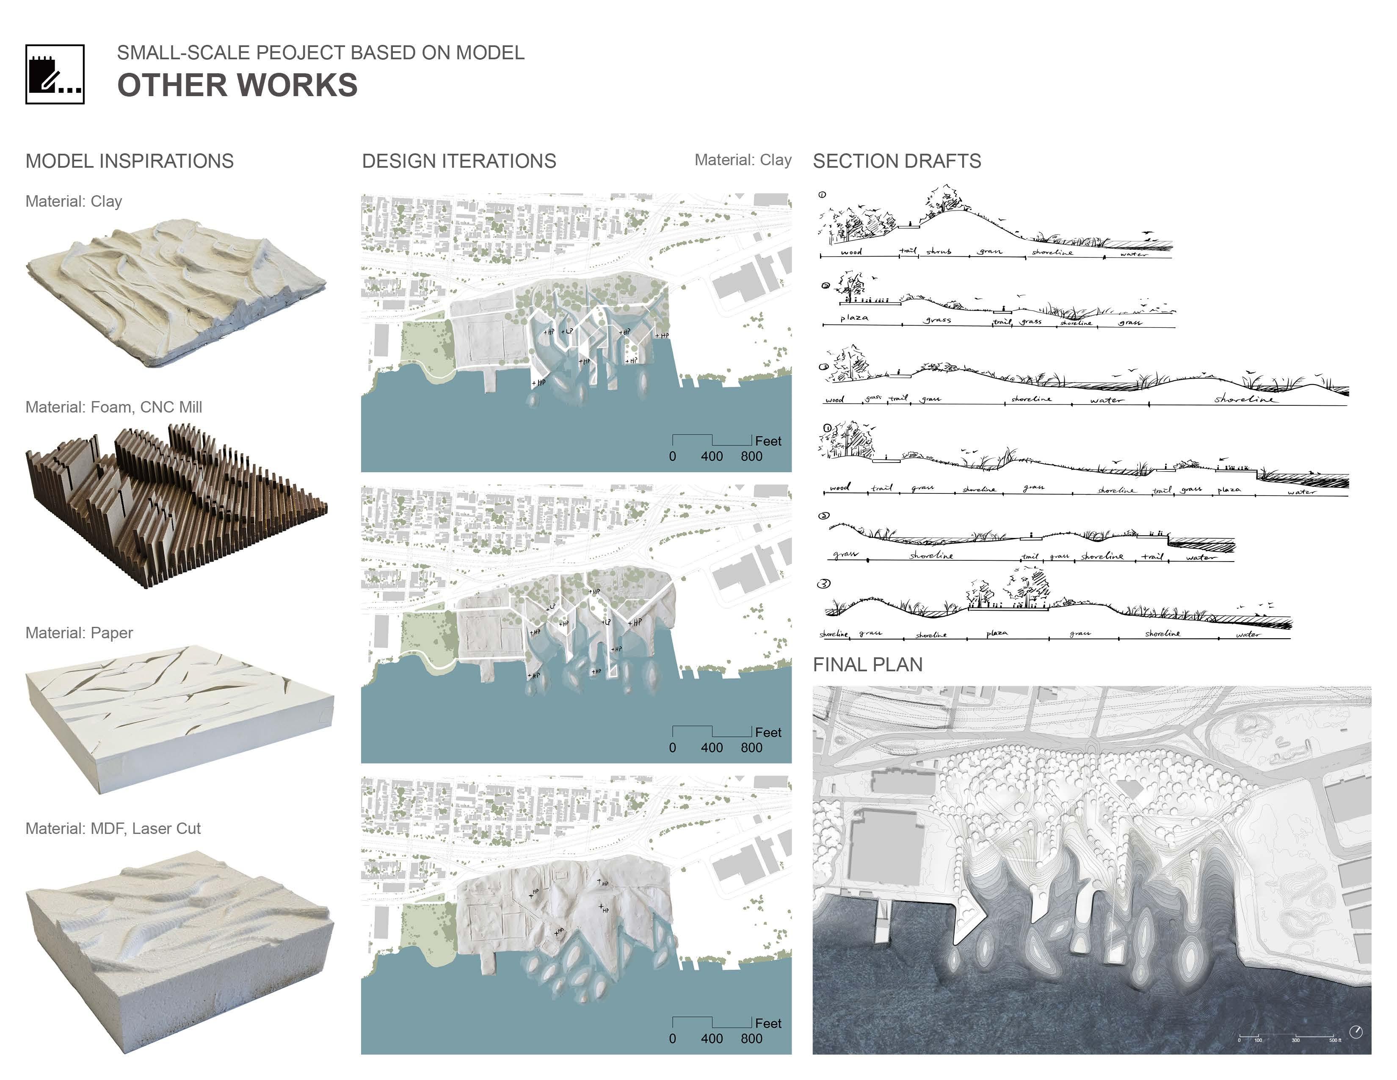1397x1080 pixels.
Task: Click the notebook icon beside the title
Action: click(55, 74)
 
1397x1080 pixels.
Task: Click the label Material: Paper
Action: click(79, 633)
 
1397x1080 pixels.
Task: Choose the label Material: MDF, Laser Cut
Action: click(113, 828)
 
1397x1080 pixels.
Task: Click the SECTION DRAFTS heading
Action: click(897, 161)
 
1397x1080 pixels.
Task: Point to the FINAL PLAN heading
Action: click(867, 665)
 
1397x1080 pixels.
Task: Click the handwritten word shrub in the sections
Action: click(939, 252)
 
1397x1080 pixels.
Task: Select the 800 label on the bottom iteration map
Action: click(751, 1038)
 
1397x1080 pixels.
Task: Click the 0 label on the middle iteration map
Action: click(672, 747)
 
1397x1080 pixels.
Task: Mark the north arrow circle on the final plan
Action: click(1356, 1032)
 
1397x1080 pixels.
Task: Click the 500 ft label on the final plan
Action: click(1335, 1040)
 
